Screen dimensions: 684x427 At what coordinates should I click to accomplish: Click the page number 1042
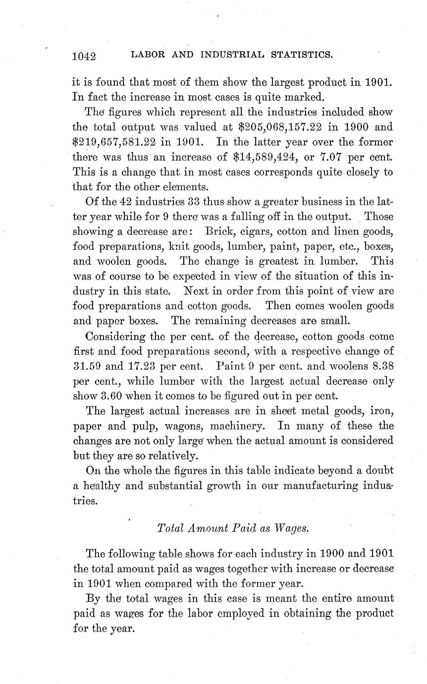click(x=84, y=56)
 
